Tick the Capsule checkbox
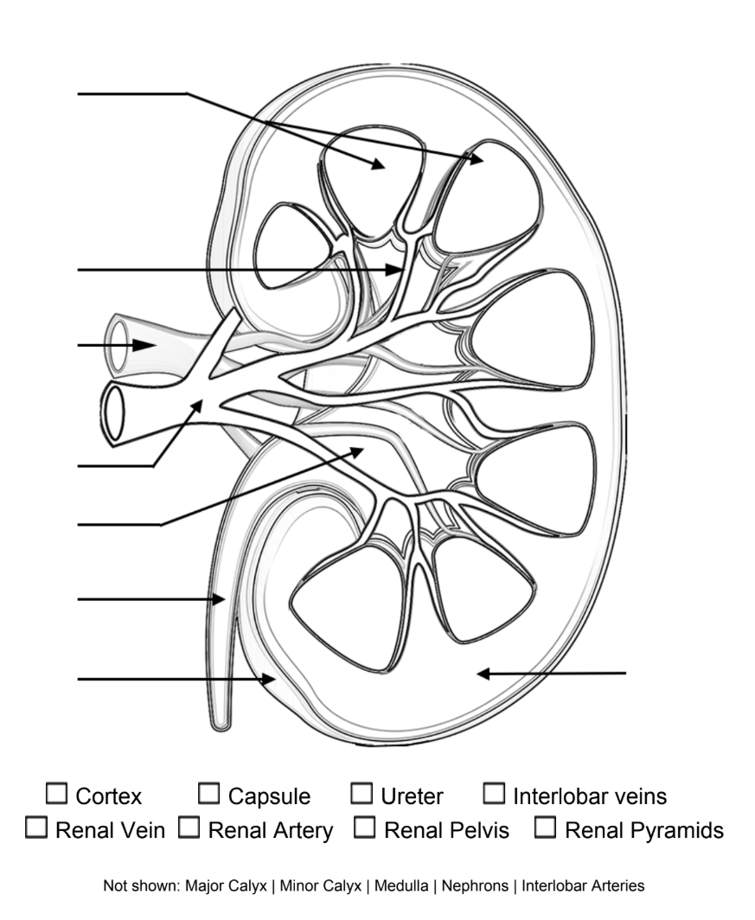208,793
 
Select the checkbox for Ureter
362,793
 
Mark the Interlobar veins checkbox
494,793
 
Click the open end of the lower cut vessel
113,412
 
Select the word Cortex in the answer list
108,795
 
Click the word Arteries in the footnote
617,885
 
